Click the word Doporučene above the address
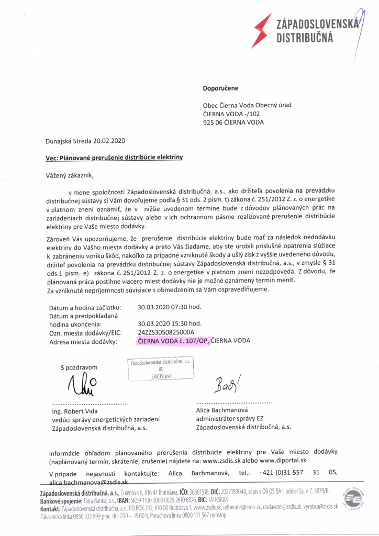tap(220, 88)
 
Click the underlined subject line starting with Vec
tap(114, 157)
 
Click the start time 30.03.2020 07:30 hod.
tap(169, 307)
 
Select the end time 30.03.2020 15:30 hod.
tap(169, 324)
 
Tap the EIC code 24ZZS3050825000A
tap(166, 332)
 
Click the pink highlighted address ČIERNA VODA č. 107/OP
tap(173, 341)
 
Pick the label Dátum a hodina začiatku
tap(85, 307)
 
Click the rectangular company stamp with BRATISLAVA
tap(161, 369)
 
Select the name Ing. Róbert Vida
tap(73, 411)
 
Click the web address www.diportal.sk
tap(283, 461)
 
